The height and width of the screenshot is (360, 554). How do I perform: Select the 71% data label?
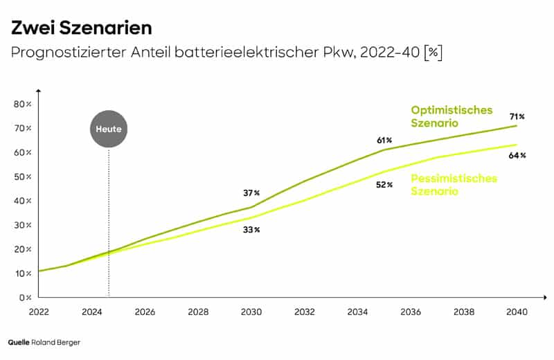pyautogui.click(x=517, y=116)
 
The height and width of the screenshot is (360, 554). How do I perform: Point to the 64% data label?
pyautogui.click(x=517, y=155)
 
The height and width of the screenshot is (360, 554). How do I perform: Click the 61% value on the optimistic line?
pyautogui.click(x=384, y=140)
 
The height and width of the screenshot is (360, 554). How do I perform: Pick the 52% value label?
pyautogui.click(x=384, y=185)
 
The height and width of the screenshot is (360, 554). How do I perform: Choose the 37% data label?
pyautogui.click(x=251, y=193)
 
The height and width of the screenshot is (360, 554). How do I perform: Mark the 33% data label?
pyautogui.click(x=251, y=229)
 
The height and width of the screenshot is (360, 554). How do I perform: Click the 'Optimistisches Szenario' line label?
pyautogui.click(x=452, y=116)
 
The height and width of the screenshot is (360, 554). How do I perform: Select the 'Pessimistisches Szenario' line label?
pyautogui.click(x=454, y=185)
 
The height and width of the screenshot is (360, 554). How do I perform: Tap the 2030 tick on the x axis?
pyautogui.click(x=251, y=312)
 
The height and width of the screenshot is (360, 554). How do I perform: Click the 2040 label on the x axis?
pyautogui.click(x=517, y=312)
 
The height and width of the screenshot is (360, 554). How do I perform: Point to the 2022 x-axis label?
pyautogui.click(x=39, y=312)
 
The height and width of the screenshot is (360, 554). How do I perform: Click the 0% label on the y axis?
pyautogui.click(x=24, y=298)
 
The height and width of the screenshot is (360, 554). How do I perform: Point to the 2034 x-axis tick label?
pyautogui.click(x=358, y=312)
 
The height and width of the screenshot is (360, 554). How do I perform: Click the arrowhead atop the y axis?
pyautogui.click(x=39, y=91)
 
